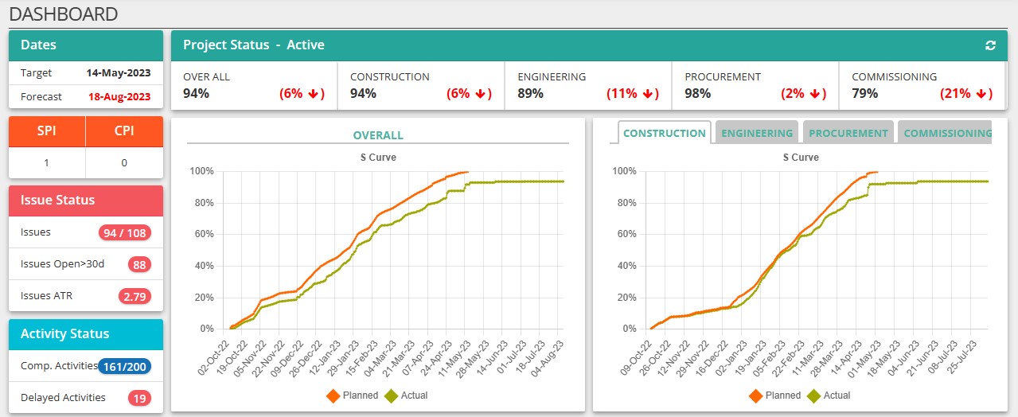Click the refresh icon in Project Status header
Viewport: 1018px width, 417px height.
pos(990,45)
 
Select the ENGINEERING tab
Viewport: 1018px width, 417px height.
pos(757,133)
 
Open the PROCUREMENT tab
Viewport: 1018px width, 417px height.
pos(848,133)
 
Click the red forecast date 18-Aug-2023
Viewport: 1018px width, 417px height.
pos(119,97)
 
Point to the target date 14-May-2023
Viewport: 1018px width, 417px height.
pos(119,73)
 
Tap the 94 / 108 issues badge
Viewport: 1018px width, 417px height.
pos(125,233)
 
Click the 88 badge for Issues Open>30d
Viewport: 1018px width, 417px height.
pos(139,264)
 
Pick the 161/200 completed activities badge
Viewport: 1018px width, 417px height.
pos(125,367)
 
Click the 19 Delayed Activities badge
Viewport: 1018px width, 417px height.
pos(139,398)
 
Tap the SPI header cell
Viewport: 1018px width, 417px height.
pos(46,131)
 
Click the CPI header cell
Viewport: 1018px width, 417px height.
pos(124,131)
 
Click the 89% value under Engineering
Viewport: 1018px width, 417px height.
pos(530,93)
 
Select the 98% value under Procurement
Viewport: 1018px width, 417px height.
pos(697,93)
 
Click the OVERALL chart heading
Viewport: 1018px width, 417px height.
pos(378,135)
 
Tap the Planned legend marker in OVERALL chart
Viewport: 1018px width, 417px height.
pos(333,395)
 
